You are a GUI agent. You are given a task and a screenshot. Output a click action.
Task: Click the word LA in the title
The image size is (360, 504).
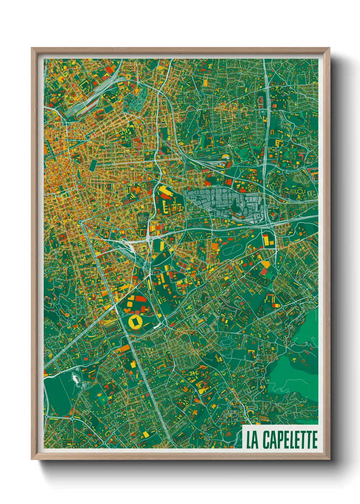pyautogui.click(x=252, y=440)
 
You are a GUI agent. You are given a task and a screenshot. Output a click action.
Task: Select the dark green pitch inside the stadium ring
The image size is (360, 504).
pyautogui.click(x=134, y=321)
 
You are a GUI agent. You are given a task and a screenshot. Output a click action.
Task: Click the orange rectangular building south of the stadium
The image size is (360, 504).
pyautogui.click(x=125, y=348)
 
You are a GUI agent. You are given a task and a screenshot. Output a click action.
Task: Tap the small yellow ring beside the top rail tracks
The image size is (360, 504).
pyautogui.click(x=128, y=77)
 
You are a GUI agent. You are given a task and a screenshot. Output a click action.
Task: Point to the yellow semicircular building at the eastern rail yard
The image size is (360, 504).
pyautogui.click(x=225, y=157)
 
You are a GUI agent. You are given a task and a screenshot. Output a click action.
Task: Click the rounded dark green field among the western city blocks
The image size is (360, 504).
pyautogui.click(x=93, y=166)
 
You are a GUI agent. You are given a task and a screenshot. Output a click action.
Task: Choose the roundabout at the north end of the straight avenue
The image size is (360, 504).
pyautogui.click(x=81, y=222)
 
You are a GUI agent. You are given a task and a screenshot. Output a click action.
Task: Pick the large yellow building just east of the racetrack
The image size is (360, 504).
pyautogui.click(x=268, y=239)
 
